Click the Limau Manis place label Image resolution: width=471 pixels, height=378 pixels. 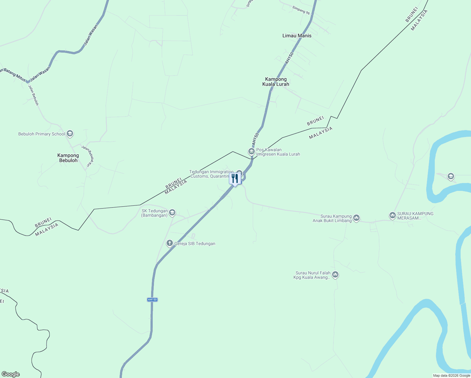(x=297, y=36)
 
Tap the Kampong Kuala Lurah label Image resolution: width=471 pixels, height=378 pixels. (x=276, y=82)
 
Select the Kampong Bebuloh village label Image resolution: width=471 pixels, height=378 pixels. (x=68, y=158)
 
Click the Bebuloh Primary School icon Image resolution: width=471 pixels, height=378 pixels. (x=70, y=134)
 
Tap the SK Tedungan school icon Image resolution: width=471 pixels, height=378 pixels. (x=172, y=213)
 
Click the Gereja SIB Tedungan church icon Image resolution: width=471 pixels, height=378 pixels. (x=170, y=243)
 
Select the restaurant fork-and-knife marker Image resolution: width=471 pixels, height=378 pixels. (x=235, y=179)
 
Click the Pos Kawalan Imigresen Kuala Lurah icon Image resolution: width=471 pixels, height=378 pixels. (x=251, y=152)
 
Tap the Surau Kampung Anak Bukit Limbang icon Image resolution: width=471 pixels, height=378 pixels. (x=356, y=218)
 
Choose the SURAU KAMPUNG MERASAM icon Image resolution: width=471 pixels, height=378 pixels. (x=392, y=215)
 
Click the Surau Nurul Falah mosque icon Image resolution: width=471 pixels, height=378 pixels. (x=335, y=275)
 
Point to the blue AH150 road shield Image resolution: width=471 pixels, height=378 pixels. (x=152, y=300)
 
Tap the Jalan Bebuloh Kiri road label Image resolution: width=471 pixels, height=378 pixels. (x=88, y=156)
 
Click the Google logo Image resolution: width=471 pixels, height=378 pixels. (x=11, y=374)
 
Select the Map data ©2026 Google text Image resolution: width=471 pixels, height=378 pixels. (x=451, y=375)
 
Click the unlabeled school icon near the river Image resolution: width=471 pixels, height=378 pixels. (x=451, y=176)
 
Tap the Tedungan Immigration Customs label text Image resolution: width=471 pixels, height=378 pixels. (x=211, y=174)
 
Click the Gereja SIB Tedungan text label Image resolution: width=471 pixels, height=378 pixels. (x=195, y=243)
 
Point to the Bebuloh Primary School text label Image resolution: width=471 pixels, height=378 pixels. (x=42, y=134)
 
